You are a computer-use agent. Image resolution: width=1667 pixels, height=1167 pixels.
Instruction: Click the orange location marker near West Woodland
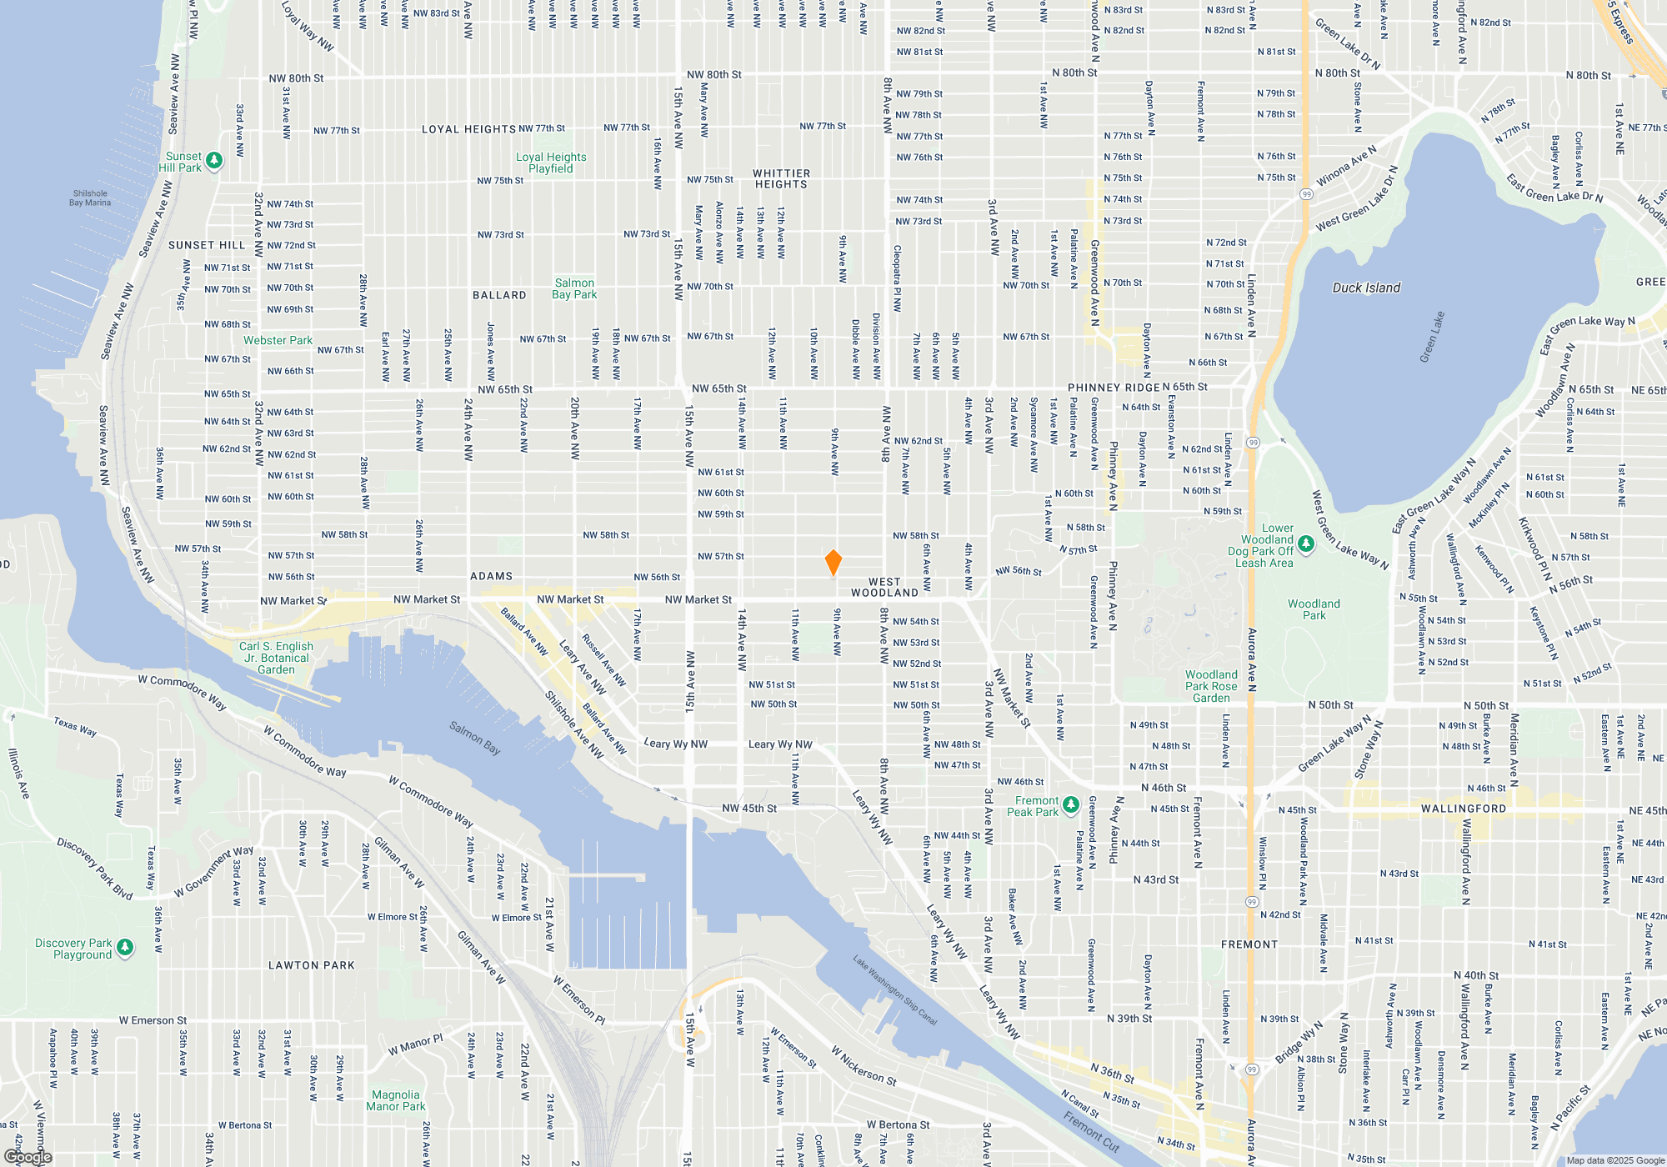tap(833, 562)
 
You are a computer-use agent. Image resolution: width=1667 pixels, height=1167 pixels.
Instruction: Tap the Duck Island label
tap(1366, 288)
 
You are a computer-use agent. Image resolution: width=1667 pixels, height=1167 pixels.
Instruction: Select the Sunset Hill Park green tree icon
tap(214, 160)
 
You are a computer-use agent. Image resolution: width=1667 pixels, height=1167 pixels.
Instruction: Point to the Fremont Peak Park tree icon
tap(1071, 805)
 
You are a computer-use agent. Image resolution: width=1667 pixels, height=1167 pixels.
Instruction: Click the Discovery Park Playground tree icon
tap(125, 947)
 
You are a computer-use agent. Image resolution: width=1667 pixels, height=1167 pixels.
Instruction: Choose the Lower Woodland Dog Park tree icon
tap(1306, 544)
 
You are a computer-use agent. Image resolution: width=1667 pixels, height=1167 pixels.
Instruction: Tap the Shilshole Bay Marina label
tap(90, 198)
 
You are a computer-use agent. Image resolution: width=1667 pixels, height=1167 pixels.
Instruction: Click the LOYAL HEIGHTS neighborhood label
tap(468, 129)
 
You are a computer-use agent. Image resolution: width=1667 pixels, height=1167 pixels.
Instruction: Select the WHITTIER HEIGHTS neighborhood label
tap(781, 179)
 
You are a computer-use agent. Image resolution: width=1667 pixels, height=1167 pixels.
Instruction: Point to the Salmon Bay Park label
tap(574, 288)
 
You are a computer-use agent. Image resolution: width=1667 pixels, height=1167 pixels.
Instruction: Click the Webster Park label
tap(278, 340)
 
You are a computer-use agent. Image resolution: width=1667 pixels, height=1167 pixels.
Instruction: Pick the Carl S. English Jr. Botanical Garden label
tap(276, 658)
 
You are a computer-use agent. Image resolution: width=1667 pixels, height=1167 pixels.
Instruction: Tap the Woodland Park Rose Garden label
tap(1211, 686)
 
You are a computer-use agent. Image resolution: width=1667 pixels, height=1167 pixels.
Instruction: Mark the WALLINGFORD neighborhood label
tap(1464, 809)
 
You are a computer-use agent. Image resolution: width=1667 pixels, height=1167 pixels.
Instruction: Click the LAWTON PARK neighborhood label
tap(312, 965)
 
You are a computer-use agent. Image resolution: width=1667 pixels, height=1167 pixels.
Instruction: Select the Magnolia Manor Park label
tap(396, 1100)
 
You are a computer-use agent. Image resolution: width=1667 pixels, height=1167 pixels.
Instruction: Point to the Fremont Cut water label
tap(1092, 1130)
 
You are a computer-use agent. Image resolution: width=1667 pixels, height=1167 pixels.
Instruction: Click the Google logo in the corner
tap(28, 1157)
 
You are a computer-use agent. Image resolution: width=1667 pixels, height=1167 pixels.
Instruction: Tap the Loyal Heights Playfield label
tap(551, 163)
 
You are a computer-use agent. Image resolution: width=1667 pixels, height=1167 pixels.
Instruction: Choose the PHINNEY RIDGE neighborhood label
tap(1114, 388)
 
